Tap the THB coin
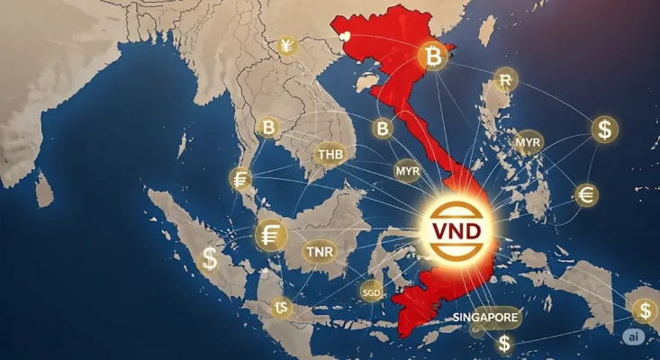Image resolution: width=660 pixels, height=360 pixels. [x=330, y=154]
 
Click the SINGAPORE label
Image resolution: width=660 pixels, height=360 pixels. [x=485, y=318]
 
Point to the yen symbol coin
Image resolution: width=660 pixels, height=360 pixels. [x=286, y=46]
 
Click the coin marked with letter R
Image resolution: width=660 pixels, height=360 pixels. [x=504, y=80]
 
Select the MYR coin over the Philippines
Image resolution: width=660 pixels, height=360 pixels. [x=529, y=142]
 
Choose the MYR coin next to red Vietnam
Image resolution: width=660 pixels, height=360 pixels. [x=408, y=169]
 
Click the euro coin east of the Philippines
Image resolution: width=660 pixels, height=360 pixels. [x=586, y=194]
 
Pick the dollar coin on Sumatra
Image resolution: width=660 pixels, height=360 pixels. [x=210, y=259]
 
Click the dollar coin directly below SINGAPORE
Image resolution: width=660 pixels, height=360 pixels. [x=504, y=343]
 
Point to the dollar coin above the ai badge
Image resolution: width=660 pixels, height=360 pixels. [x=644, y=311]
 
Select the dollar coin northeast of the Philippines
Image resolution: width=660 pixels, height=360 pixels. [x=605, y=129]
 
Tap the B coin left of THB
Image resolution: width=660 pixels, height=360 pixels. [x=267, y=127]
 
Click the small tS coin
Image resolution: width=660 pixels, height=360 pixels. [x=283, y=309]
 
